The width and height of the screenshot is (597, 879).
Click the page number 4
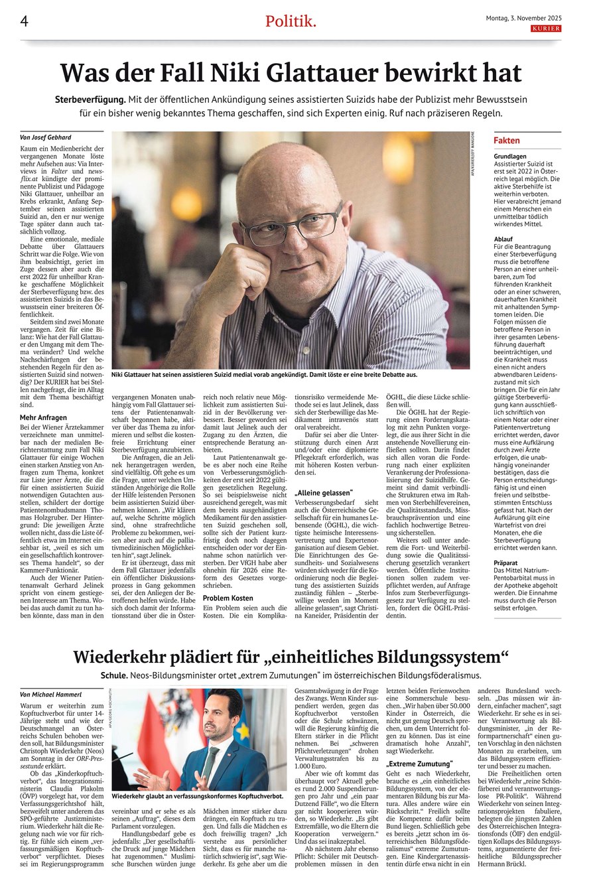[x=23, y=21]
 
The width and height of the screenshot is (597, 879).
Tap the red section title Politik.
[x=291, y=22]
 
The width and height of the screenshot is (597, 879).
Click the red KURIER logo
[x=546, y=29]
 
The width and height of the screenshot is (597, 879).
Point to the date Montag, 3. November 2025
[x=524, y=19]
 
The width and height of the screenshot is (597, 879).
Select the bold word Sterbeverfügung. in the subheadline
[x=91, y=99]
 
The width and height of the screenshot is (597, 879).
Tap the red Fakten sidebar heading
[x=507, y=141]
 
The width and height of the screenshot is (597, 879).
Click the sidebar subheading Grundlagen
[x=510, y=157]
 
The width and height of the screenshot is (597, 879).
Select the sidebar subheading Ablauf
[x=503, y=237]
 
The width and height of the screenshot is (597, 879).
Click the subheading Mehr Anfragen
[x=43, y=417]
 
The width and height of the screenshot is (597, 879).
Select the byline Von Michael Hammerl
[x=50, y=694]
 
